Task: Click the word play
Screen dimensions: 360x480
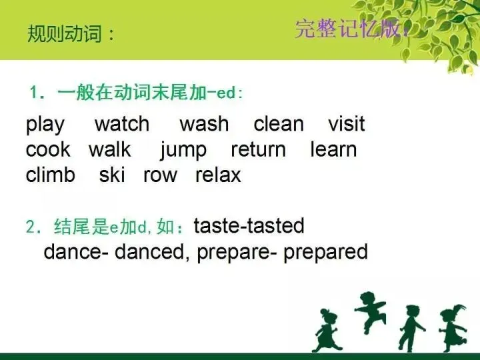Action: (45, 125)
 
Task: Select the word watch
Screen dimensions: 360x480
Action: (122, 124)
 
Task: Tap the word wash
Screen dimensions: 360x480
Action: (204, 124)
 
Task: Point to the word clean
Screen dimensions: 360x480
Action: (279, 124)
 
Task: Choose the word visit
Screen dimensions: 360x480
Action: (347, 124)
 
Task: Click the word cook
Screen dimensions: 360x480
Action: (48, 149)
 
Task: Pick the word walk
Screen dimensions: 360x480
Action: (110, 149)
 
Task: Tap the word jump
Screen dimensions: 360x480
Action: (183, 151)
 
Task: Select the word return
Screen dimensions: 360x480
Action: (258, 149)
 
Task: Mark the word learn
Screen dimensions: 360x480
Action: (333, 149)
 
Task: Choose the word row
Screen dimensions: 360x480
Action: (160, 175)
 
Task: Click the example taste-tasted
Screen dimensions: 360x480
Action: (249, 226)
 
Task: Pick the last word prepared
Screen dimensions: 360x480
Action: (326, 253)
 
